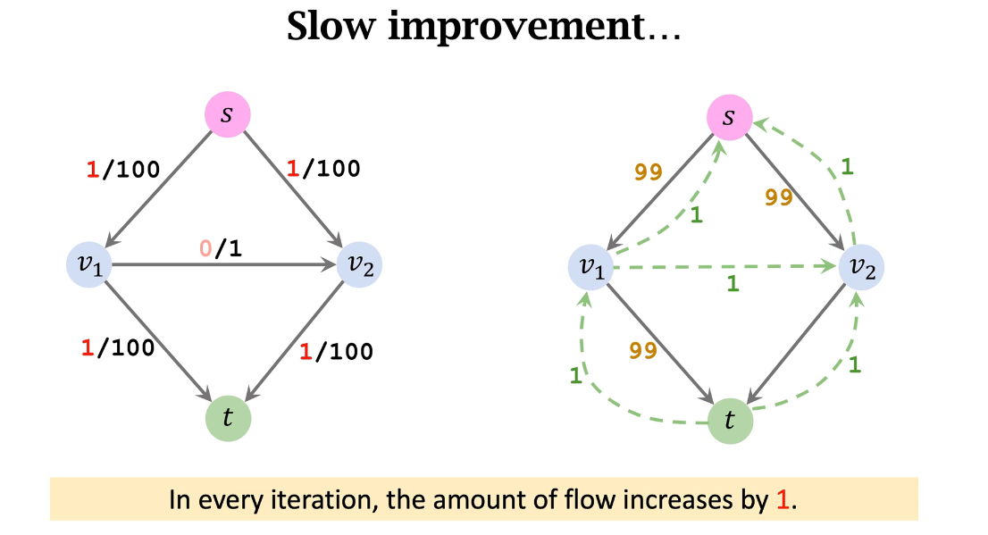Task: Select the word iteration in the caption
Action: tap(330, 498)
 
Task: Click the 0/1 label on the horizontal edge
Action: tap(221, 249)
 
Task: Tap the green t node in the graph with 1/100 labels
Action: tap(228, 417)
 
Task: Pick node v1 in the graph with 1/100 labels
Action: tap(89, 264)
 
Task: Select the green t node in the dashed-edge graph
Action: tap(730, 420)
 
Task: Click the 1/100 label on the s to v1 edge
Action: tap(122, 169)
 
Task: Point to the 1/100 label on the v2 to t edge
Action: tap(336, 351)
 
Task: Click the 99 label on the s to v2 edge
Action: tap(779, 197)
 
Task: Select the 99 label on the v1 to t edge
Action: tap(643, 351)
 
